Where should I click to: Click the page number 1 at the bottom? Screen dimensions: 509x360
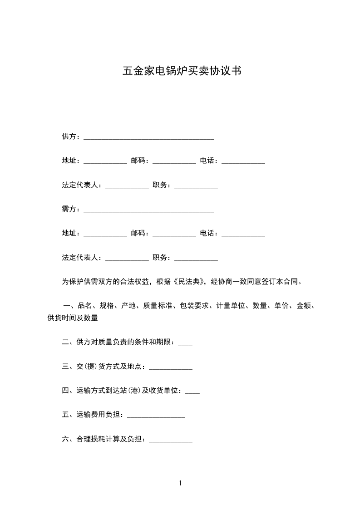coord(180,483)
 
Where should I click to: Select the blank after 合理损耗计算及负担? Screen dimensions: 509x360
coord(171,440)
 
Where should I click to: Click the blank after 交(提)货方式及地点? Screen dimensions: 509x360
coord(171,367)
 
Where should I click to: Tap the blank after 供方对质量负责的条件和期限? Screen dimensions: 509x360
coord(185,343)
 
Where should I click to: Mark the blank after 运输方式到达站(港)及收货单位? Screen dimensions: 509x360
coord(192,391)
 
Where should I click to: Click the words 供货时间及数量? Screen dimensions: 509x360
coord(73,318)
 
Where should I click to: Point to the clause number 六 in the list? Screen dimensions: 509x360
coord(65,439)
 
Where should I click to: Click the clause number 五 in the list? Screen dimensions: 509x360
coord(65,415)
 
